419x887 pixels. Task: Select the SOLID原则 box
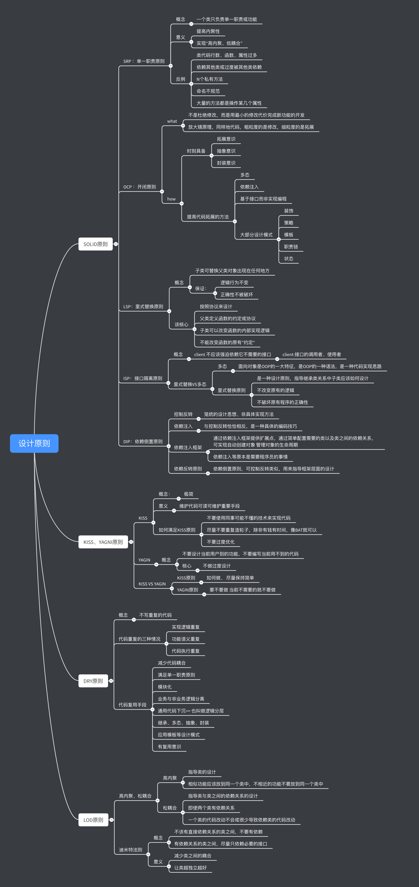point(95,244)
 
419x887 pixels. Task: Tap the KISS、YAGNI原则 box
point(103,542)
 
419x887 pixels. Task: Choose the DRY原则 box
point(93,681)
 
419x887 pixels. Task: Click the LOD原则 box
point(93,820)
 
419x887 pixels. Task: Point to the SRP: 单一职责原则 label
point(144,61)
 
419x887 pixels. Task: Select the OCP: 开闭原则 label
point(140,187)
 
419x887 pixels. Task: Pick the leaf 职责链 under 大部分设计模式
point(291,247)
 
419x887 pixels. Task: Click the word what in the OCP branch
point(172,121)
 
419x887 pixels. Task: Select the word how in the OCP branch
point(171,199)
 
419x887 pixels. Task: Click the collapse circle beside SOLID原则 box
point(116,244)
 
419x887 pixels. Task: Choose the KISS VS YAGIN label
point(152,584)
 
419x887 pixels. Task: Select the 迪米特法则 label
point(131,850)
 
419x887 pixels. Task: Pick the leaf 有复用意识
point(169,747)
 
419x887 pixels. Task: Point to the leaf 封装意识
point(226,163)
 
